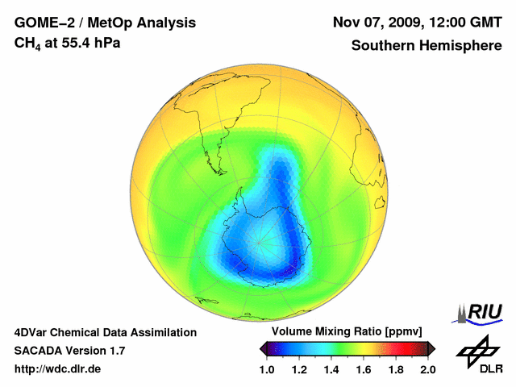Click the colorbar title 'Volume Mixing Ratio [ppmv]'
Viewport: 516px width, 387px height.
[x=347, y=332]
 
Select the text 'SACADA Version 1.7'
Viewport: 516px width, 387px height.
[x=69, y=351]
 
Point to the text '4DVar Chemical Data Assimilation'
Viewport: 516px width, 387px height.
[x=106, y=332]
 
